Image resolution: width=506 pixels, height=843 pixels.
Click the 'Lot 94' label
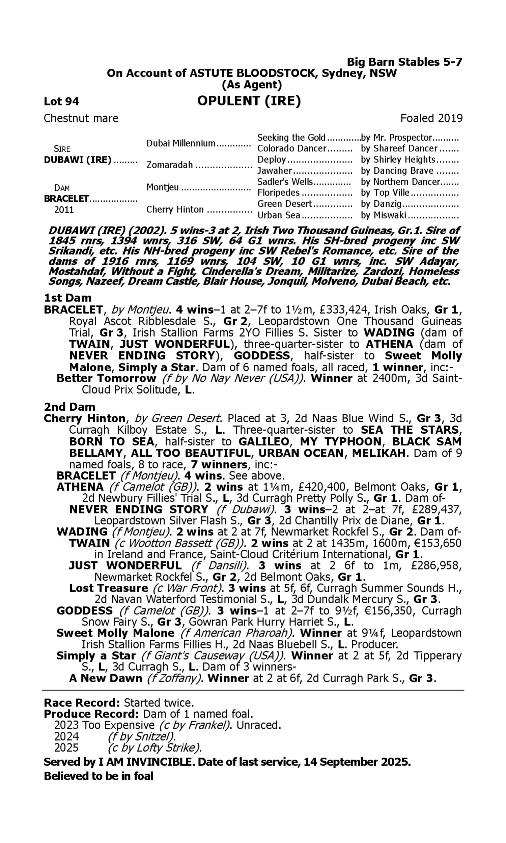point(61,101)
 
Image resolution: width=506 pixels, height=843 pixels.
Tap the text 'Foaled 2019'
point(431,118)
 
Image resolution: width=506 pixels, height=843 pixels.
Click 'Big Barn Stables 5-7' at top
point(404,62)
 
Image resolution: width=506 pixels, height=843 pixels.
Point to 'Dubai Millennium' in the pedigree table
point(181,143)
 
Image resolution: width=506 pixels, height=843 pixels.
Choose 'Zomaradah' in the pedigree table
point(169,165)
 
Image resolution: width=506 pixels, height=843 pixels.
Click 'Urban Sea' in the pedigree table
point(279,215)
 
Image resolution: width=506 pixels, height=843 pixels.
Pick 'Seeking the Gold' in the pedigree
point(291,138)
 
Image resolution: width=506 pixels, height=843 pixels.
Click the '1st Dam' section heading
point(67,298)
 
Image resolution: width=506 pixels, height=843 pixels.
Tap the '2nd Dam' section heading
point(69,407)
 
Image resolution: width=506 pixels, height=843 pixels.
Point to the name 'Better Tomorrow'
point(106,378)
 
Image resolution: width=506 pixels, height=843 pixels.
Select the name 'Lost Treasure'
point(108,588)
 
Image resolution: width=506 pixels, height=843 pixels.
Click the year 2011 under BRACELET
point(64,210)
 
